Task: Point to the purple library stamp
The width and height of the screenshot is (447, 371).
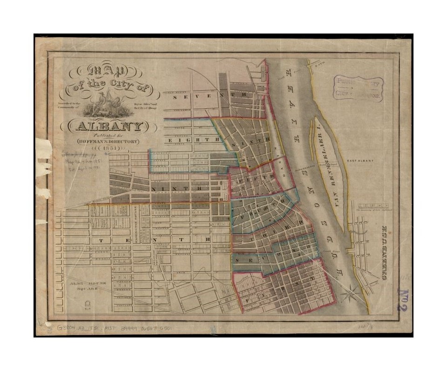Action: coord(359,89)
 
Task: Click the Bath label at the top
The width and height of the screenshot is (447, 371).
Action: coord(318,66)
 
